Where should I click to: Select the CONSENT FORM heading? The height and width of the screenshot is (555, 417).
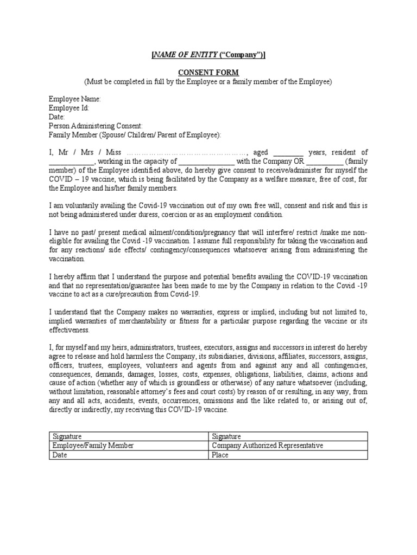pyautogui.click(x=208, y=72)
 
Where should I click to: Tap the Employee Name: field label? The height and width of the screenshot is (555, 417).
pyautogui.click(x=75, y=99)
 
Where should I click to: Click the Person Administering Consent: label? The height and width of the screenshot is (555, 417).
pyautogui.click(x=96, y=126)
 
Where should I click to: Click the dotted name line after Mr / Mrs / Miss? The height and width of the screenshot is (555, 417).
pyautogui.click(x=187, y=152)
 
